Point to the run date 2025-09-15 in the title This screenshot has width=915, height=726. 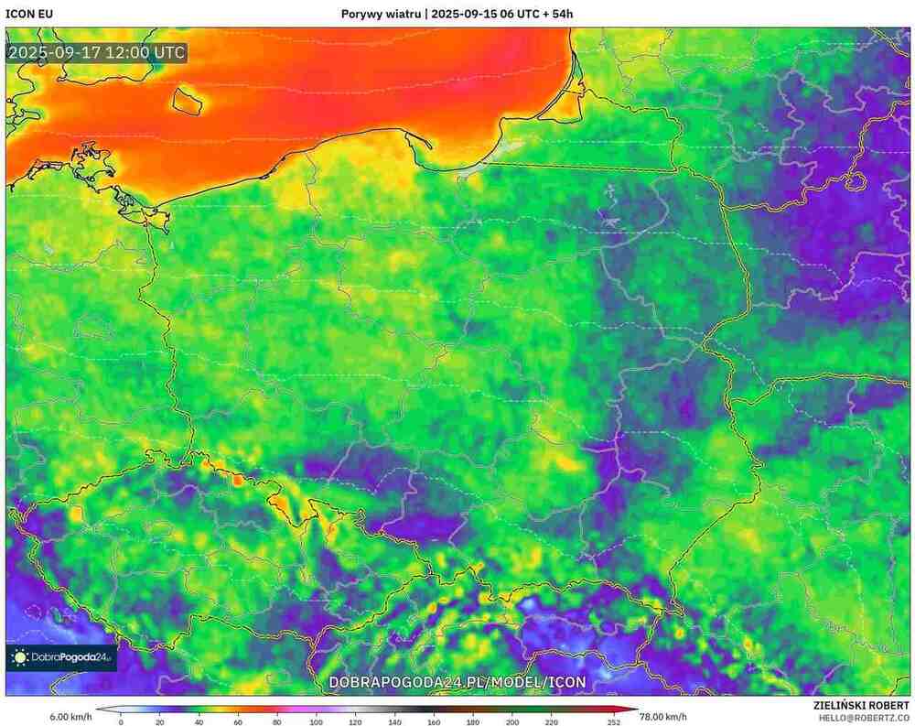click(x=467, y=14)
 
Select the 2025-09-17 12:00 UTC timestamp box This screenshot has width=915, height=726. click(x=97, y=52)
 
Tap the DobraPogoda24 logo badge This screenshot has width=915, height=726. click(x=62, y=656)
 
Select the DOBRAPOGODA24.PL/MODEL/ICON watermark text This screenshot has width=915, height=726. click(x=457, y=682)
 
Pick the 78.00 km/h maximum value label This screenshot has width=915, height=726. click(x=662, y=716)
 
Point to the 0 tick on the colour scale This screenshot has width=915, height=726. click(x=121, y=722)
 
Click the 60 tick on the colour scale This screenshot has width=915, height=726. click(x=239, y=722)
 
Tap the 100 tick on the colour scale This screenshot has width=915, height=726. click(x=317, y=722)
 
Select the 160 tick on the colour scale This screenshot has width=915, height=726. click(x=434, y=722)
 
